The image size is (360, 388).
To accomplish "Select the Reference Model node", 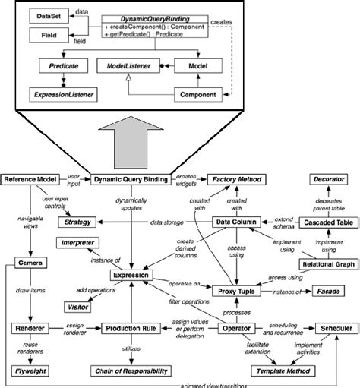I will [x=30, y=180].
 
